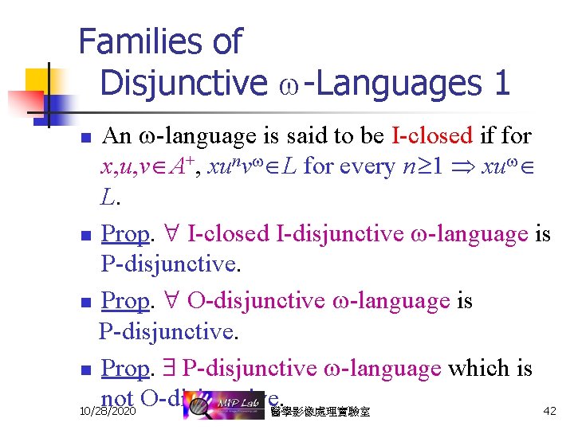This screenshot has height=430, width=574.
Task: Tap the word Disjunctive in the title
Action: point(183,82)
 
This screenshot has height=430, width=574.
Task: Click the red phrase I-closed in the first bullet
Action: point(433,135)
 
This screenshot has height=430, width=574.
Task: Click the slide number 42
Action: point(549,411)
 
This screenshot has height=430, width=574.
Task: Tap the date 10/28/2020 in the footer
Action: point(108,412)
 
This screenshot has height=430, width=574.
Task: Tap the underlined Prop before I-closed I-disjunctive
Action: point(126,234)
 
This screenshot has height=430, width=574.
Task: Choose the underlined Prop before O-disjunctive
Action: point(126,301)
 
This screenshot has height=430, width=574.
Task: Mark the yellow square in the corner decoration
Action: point(37,80)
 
